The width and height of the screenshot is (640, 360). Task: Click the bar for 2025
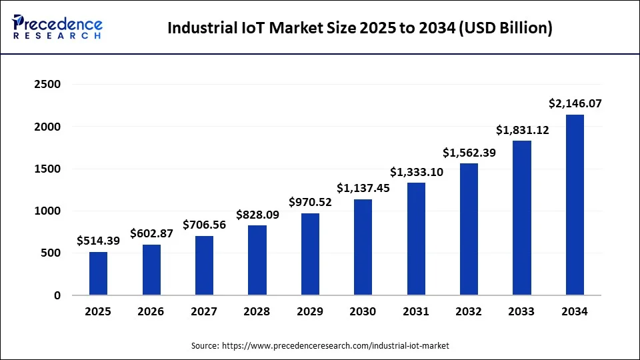click(x=98, y=273)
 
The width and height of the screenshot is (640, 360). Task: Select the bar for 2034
click(x=575, y=205)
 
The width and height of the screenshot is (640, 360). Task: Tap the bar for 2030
click(x=363, y=247)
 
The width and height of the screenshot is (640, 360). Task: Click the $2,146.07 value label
click(x=575, y=103)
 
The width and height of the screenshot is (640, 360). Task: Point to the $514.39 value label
click(x=98, y=241)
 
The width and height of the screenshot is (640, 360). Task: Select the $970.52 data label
click(x=310, y=201)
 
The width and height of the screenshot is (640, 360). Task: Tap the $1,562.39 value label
click(x=469, y=152)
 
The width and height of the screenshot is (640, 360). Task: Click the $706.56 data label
click(x=204, y=224)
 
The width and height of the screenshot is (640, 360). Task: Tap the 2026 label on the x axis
click(x=151, y=311)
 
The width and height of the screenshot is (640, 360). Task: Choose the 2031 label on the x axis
click(x=416, y=311)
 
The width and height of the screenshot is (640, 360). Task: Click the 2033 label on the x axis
click(x=522, y=311)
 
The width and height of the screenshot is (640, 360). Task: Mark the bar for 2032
click(x=469, y=229)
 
